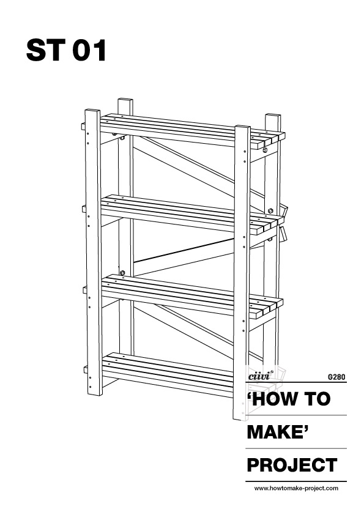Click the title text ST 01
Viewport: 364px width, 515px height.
[x=66, y=50]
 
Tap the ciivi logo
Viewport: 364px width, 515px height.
[x=259, y=376]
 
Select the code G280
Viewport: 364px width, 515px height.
[x=336, y=377]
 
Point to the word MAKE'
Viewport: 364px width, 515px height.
[x=279, y=432]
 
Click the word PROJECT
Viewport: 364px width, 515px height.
[x=292, y=465]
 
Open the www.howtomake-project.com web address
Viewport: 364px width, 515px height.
[x=296, y=489]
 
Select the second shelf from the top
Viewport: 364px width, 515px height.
[x=191, y=214]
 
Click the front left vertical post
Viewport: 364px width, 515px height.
[x=94, y=253]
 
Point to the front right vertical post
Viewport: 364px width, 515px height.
[x=242, y=273]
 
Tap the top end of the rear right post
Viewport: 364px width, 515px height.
[x=273, y=115]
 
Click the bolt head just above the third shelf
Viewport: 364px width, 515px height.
[x=122, y=273]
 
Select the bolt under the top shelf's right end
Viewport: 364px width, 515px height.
[x=265, y=150]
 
